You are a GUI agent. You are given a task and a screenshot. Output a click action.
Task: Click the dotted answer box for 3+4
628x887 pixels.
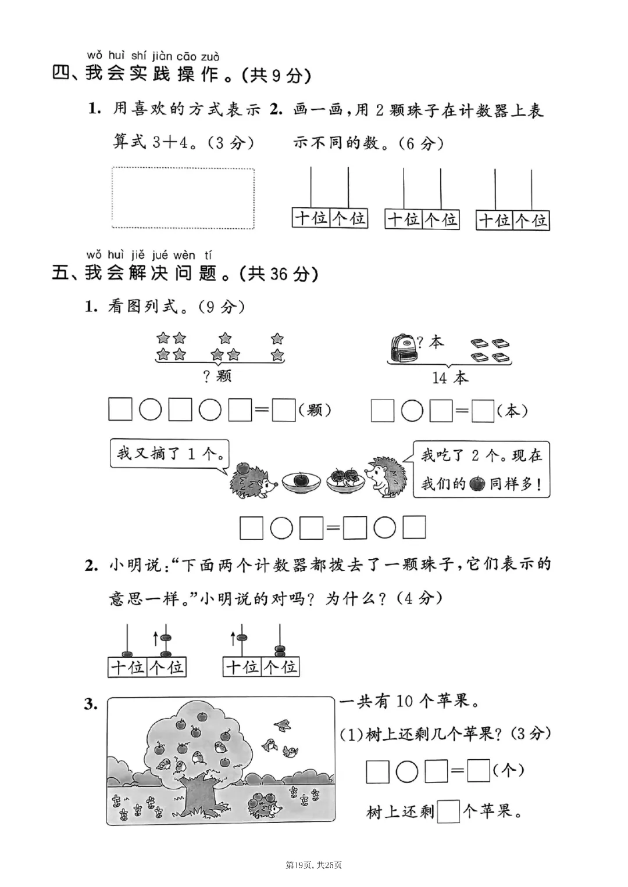click(x=183, y=197)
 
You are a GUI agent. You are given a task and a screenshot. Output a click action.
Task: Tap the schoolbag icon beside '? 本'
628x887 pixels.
click(x=401, y=348)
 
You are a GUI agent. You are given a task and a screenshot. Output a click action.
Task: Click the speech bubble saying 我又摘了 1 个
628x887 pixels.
click(x=169, y=453)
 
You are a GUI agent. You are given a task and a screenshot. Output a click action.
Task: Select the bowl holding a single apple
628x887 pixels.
click(x=302, y=480)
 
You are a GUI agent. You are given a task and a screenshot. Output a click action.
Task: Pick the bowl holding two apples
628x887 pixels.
click(x=345, y=479)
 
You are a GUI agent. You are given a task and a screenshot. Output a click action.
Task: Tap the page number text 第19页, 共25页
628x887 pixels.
click(x=313, y=866)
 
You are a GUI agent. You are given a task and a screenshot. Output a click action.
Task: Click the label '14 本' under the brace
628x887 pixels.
click(x=449, y=378)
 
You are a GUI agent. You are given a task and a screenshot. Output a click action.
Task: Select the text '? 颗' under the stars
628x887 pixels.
click(x=217, y=376)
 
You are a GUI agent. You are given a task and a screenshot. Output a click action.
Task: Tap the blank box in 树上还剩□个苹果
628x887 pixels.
click(x=448, y=811)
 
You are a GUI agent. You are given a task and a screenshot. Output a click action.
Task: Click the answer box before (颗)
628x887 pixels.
click(x=284, y=411)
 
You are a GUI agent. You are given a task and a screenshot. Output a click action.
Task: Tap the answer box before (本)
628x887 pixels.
click(x=482, y=411)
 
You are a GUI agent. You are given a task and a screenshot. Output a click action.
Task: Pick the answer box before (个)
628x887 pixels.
click(x=479, y=771)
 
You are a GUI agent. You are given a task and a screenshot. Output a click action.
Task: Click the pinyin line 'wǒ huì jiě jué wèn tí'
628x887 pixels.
click(x=149, y=254)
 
